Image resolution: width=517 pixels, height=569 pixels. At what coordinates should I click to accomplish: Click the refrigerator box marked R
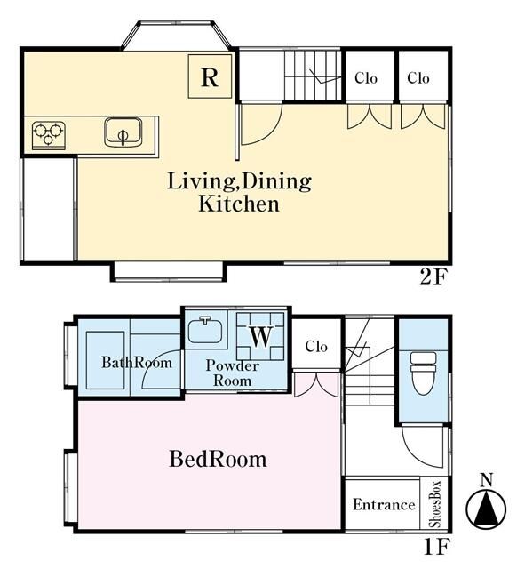pyautogui.click(x=210, y=76)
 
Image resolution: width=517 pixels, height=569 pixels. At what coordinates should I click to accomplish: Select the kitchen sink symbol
pyautogui.click(x=123, y=132)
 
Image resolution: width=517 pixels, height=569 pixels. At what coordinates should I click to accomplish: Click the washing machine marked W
pyautogui.click(x=260, y=336)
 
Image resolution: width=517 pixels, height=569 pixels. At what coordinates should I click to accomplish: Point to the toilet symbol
pyautogui.click(x=423, y=373)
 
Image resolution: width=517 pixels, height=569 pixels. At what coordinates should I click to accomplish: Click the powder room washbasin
pyautogui.click(x=205, y=330)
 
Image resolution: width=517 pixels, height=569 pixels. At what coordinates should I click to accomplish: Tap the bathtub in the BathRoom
pyautogui.click(x=105, y=360)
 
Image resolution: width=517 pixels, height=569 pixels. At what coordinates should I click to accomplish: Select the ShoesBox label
pyautogui.click(x=434, y=504)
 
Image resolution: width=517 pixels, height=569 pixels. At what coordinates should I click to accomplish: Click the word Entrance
pyautogui.click(x=384, y=504)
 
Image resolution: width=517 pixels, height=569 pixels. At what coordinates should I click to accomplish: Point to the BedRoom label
pyautogui.click(x=218, y=459)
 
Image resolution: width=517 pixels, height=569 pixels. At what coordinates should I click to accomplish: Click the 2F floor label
pyautogui.click(x=432, y=278)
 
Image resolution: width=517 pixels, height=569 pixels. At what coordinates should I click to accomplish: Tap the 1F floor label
pyautogui.click(x=437, y=548)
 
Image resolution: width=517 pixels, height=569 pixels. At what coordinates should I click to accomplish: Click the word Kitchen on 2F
pyautogui.click(x=239, y=204)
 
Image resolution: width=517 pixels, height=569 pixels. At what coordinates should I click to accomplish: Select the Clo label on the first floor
pyautogui.click(x=316, y=347)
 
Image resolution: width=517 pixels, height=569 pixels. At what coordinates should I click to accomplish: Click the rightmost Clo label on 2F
pyautogui.click(x=418, y=78)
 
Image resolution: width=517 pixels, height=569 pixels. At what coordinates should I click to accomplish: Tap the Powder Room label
pyautogui.click(x=233, y=373)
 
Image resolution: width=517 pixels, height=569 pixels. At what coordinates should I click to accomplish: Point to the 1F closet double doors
pyautogui.click(x=316, y=384)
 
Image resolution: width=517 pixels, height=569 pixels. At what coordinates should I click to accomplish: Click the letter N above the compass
pyautogui.click(x=486, y=481)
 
